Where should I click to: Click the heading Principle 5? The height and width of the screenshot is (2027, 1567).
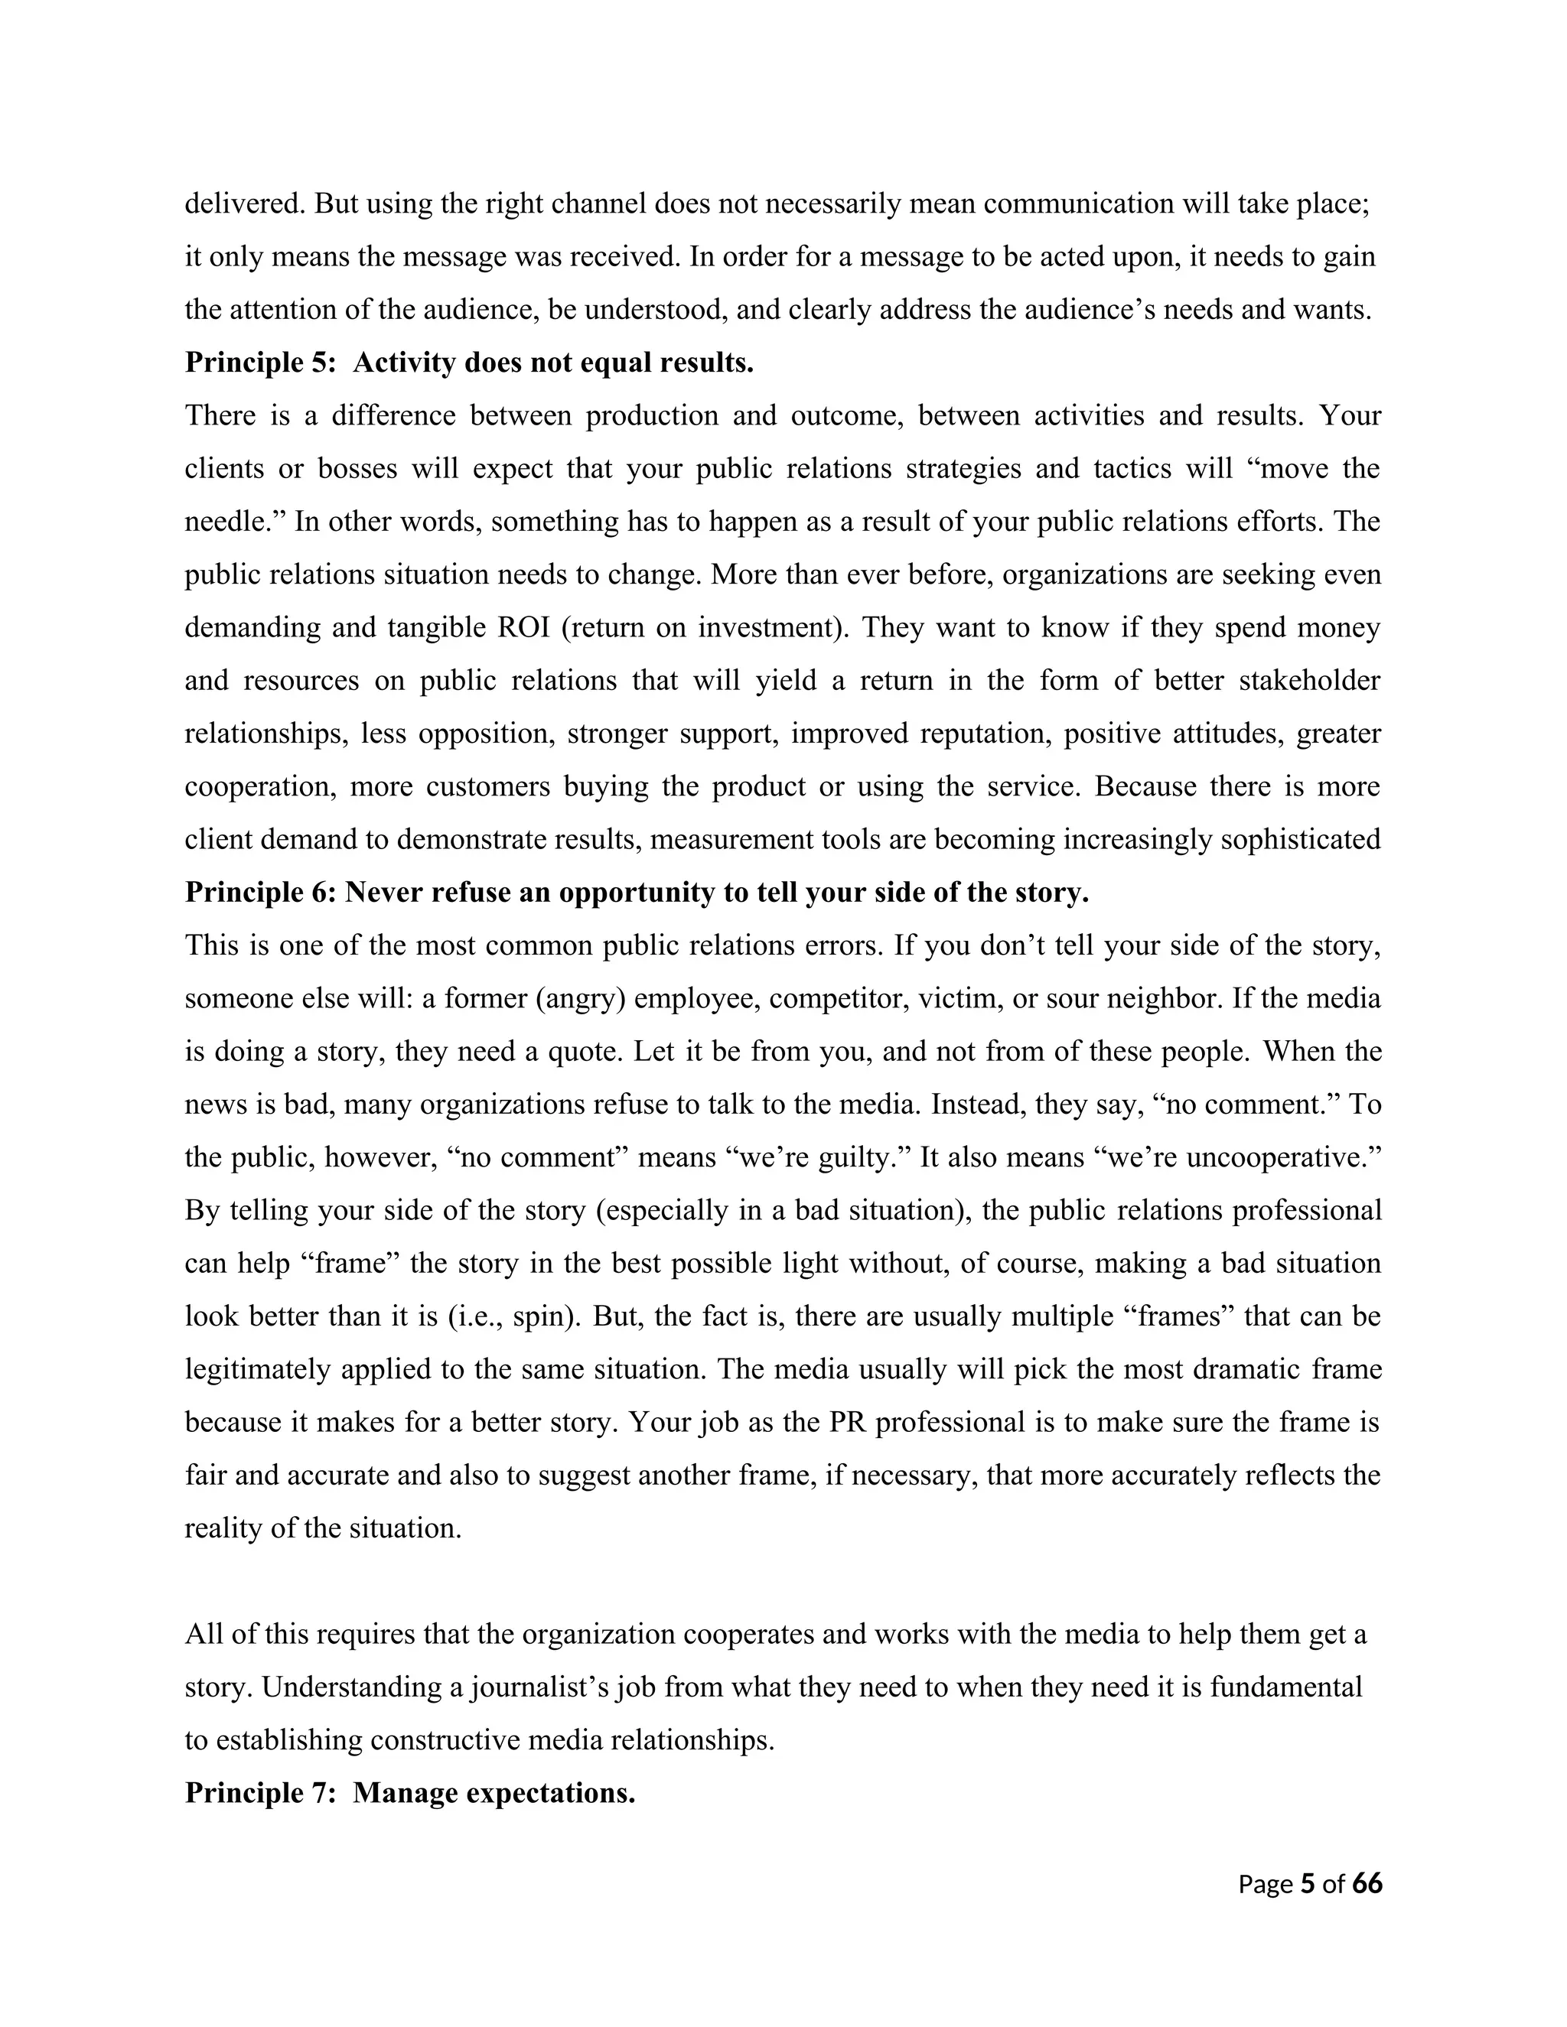point(469,362)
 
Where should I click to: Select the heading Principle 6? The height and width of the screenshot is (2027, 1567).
point(636,892)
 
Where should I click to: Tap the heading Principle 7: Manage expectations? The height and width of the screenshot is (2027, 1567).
point(409,1792)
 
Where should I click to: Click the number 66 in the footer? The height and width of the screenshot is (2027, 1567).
point(1367,1883)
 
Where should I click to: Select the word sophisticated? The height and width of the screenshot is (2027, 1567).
point(1300,839)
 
